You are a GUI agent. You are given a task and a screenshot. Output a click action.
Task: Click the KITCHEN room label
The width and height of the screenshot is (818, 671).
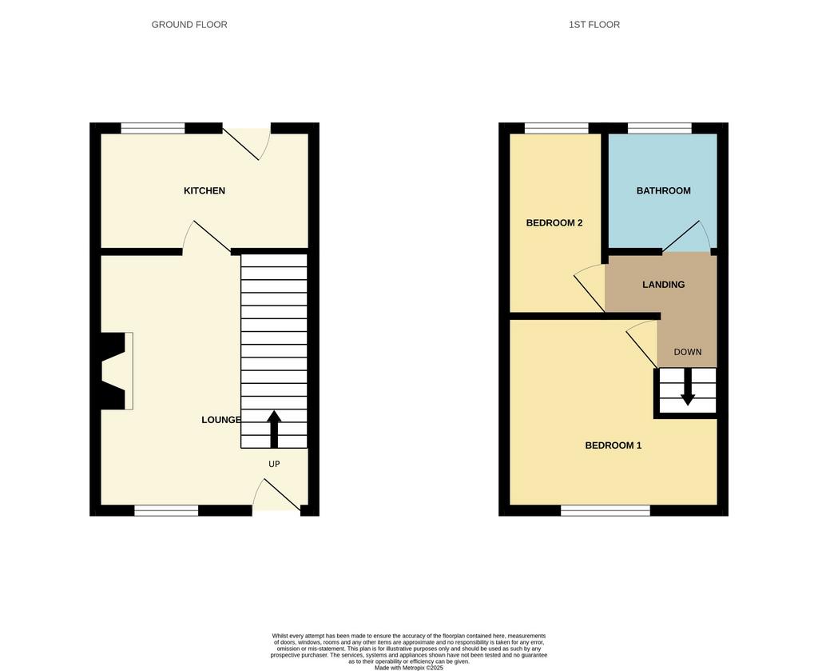(x=204, y=191)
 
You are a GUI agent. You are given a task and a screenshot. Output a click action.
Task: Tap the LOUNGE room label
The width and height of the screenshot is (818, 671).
(x=221, y=420)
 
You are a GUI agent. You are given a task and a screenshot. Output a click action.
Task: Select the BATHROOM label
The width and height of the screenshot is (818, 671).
(x=664, y=191)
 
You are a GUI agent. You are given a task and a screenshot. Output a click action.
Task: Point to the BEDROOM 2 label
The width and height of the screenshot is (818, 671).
(x=554, y=223)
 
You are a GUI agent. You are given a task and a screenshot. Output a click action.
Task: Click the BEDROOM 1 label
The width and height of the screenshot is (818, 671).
(x=613, y=445)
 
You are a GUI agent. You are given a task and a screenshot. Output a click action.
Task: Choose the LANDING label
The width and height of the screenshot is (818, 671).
(x=664, y=285)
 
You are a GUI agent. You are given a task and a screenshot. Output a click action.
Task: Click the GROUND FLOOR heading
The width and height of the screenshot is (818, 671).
(x=189, y=25)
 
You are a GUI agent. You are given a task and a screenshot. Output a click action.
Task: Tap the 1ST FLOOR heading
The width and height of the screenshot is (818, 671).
(x=594, y=25)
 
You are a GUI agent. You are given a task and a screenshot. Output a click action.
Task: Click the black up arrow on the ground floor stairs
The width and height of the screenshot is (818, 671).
(x=275, y=429)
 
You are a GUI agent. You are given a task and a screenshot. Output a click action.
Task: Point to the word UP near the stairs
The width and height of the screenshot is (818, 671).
(x=275, y=464)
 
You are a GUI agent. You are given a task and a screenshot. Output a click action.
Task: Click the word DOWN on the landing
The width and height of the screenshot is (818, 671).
(x=688, y=352)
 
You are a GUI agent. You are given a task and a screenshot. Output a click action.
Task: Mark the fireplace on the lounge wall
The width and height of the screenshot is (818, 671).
(x=117, y=371)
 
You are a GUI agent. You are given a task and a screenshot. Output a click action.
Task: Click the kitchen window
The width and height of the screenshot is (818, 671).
(x=153, y=129)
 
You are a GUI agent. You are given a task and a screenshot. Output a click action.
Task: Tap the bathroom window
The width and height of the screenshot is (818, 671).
(x=660, y=129)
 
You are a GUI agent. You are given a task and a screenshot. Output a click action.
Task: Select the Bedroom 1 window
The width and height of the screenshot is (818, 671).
(x=606, y=510)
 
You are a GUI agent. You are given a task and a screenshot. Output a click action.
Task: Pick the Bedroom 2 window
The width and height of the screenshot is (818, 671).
(x=557, y=129)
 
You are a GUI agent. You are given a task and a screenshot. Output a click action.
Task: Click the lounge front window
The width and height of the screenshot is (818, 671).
(x=166, y=510)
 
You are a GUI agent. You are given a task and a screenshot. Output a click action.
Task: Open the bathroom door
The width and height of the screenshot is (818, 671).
(x=686, y=236)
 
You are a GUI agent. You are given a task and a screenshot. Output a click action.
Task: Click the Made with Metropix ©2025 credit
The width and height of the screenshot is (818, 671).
(x=408, y=667)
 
